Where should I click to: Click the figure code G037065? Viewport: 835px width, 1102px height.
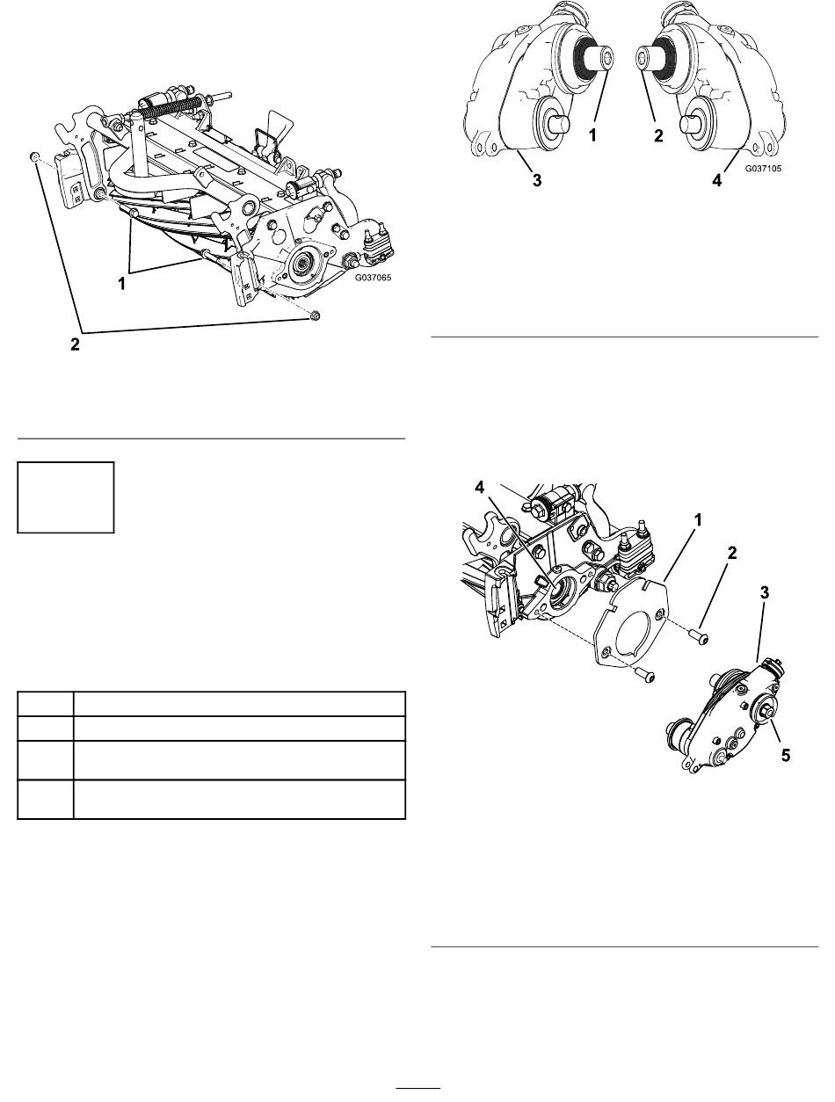[x=373, y=278]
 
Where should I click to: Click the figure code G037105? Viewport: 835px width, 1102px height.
[x=763, y=169]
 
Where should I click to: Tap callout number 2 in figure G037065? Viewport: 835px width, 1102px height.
[x=75, y=344]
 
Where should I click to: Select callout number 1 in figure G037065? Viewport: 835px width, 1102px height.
[x=121, y=284]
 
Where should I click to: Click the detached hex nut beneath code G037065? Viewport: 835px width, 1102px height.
[x=315, y=315]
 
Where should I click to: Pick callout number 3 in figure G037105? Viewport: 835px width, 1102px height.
[x=537, y=181]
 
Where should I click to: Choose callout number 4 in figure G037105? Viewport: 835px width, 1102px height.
[x=717, y=181]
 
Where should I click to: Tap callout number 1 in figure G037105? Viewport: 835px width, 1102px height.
[x=593, y=135]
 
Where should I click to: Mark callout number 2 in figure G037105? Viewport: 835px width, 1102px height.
[x=658, y=135]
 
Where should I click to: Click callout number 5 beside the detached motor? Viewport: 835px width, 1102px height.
[x=785, y=755]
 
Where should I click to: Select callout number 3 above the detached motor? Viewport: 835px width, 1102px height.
[x=764, y=592]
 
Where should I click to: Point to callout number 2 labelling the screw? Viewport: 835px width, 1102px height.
[x=732, y=554]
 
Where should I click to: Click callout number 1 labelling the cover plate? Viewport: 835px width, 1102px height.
[x=697, y=520]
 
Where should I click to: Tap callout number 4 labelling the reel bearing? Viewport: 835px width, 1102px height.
[x=480, y=487]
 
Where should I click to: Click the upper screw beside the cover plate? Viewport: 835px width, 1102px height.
[x=702, y=638]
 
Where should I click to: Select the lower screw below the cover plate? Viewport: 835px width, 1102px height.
[x=648, y=676]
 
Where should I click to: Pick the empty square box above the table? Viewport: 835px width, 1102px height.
[x=66, y=497]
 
